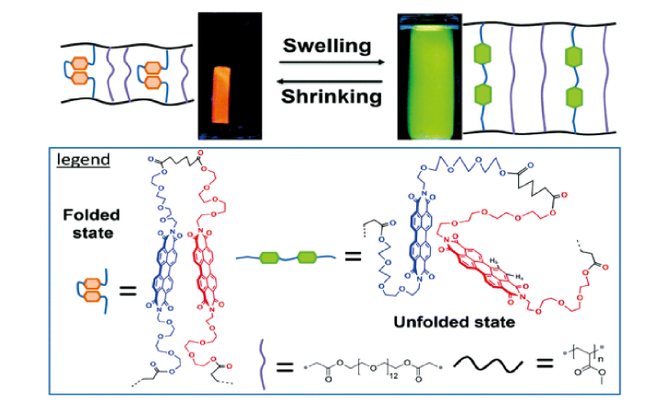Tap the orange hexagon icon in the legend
click(x=85, y=292)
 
